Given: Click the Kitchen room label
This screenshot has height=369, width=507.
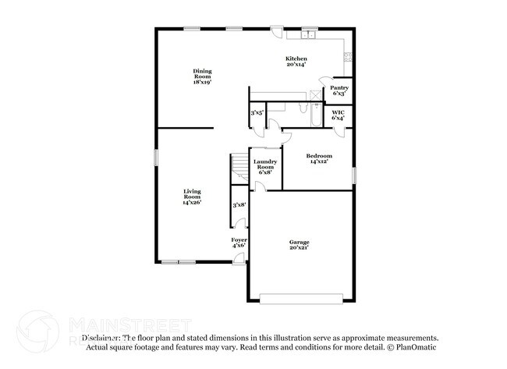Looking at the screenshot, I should (296, 62).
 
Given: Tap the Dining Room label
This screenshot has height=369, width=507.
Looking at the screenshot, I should (203, 76).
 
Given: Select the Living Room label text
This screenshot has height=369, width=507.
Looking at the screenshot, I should (192, 196).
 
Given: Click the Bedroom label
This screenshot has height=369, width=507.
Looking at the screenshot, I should (319, 159).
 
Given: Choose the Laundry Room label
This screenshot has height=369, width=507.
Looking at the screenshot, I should (265, 166).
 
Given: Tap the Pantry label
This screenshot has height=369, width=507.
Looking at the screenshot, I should (339, 90).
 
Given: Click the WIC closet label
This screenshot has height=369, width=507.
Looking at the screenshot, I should (339, 115).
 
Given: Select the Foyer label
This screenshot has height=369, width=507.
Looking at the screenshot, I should (239, 243).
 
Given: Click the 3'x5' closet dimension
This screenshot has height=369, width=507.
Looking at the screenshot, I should (257, 114).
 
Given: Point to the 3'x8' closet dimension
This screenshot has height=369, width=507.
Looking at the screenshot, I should (239, 205).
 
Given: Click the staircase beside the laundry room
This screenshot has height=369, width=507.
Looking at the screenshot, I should (239, 169).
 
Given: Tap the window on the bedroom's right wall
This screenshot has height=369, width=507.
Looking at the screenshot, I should (353, 176).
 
